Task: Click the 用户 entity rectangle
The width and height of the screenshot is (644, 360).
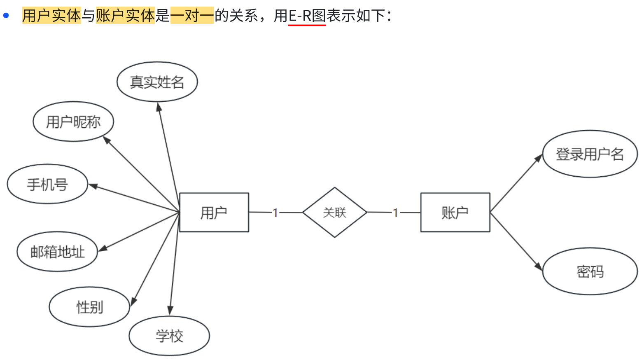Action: point(214,213)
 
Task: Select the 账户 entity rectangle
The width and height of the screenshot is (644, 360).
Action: point(455,213)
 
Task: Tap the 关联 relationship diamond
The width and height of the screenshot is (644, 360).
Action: point(334,213)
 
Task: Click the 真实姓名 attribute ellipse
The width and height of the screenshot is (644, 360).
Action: point(157,82)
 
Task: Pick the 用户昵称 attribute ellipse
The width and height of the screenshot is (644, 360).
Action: point(73,122)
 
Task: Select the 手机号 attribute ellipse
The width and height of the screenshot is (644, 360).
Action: point(47,184)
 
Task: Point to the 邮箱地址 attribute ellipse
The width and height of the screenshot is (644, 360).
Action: point(57,252)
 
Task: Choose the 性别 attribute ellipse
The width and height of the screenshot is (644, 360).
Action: point(89,307)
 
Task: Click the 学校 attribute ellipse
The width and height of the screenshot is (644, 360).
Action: point(169,336)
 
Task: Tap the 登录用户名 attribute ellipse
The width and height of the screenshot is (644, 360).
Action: point(590,154)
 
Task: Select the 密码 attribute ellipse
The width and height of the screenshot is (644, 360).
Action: point(590,271)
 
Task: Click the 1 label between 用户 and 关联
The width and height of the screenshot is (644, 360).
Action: point(275,213)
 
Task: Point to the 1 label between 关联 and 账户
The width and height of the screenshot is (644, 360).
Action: point(395,213)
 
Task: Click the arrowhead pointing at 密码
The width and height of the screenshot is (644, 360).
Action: point(539,266)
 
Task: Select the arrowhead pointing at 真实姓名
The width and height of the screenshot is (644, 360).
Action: point(159,107)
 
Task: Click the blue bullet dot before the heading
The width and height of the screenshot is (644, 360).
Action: point(6,16)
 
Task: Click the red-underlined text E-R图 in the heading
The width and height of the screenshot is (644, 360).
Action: point(307,16)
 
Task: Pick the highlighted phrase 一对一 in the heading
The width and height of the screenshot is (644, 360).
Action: point(192,16)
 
